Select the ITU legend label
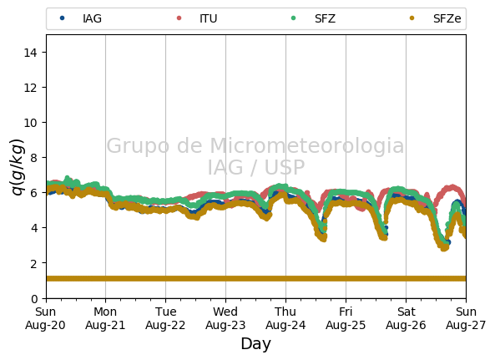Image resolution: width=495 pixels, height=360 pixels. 209,18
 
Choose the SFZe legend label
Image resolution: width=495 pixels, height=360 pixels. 447,18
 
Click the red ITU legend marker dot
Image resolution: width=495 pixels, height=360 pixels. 179,18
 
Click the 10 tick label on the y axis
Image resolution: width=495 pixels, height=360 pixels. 30,123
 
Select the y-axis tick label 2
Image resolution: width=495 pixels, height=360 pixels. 33,263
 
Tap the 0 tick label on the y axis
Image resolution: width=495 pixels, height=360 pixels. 34,298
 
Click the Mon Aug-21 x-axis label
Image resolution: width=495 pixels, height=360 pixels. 105,318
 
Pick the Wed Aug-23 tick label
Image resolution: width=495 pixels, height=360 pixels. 225,318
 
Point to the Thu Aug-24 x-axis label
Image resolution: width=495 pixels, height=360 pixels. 285,318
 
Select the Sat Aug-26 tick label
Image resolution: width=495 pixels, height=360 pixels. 406,318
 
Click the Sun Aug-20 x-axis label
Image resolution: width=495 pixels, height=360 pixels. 45,318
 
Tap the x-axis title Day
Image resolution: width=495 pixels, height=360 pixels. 256,344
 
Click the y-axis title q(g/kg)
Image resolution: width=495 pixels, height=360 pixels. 18,167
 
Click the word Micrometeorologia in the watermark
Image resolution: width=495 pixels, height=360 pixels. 307,145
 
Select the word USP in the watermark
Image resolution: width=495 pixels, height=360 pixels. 285,167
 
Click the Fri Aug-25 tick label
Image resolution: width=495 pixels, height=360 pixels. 346,318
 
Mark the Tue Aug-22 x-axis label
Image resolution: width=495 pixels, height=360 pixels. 165,318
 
